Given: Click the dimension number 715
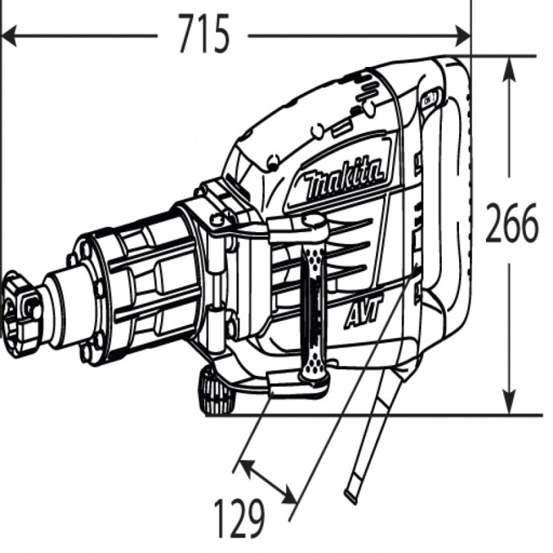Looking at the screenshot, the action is [204, 33].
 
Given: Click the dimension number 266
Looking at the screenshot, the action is [512, 223].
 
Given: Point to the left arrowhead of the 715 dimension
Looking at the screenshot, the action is [9, 35].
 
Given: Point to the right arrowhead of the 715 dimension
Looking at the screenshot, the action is [462, 35].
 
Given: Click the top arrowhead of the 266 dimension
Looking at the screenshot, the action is [509, 69].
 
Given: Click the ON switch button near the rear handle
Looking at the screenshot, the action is [430, 97].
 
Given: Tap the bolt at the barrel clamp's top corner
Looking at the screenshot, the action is [218, 219].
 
